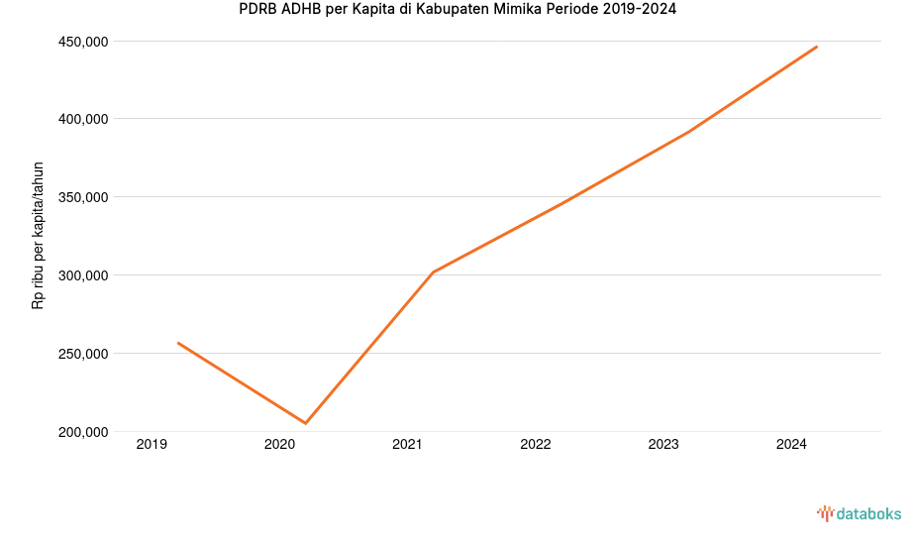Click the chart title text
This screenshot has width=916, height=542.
click(x=458, y=10)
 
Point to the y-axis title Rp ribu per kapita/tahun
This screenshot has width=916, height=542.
click(x=39, y=235)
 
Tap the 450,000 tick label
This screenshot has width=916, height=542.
click(x=83, y=42)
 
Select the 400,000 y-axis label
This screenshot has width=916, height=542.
click(x=83, y=119)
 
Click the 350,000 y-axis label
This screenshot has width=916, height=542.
click(x=83, y=197)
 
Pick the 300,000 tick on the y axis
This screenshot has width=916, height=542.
click(x=83, y=275)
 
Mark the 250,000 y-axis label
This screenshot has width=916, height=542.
click(x=83, y=354)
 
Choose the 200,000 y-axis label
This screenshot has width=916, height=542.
click(x=83, y=432)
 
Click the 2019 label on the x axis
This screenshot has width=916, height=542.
click(x=152, y=445)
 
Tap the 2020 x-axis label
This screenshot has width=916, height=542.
click(x=279, y=445)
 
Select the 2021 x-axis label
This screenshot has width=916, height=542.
click(x=407, y=445)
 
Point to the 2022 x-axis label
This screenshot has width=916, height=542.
click(x=536, y=445)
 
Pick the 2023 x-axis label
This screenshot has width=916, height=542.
click(x=663, y=445)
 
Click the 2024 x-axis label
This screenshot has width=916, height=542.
click(x=791, y=445)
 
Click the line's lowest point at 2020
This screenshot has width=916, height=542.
click(x=305, y=423)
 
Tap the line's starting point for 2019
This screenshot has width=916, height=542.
click(x=178, y=343)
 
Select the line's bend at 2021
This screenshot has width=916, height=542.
click(x=434, y=271)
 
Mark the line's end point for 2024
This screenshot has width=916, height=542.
click(x=817, y=47)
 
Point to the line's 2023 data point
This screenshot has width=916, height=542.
click(x=689, y=131)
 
